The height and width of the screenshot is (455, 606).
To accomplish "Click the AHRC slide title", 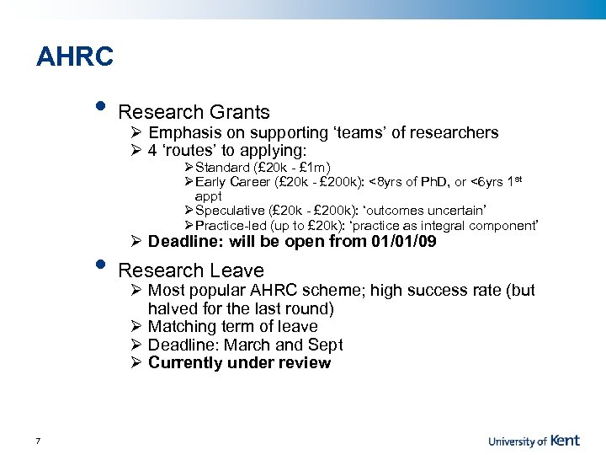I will pyautogui.click(x=75, y=57).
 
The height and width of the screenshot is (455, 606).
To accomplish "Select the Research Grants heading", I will pyautogui.click(x=194, y=112).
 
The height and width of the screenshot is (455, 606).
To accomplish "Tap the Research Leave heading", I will pyautogui.click(x=191, y=270).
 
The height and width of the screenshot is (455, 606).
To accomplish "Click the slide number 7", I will pyautogui.click(x=39, y=440).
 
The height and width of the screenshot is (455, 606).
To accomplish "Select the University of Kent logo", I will pyautogui.click(x=545, y=440).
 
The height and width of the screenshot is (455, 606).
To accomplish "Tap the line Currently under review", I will pyautogui.click(x=239, y=363).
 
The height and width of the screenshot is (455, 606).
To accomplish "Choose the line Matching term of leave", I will pyautogui.click(x=232, y=327).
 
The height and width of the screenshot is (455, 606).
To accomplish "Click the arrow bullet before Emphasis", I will pyautogui.click(x=137, y=133).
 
